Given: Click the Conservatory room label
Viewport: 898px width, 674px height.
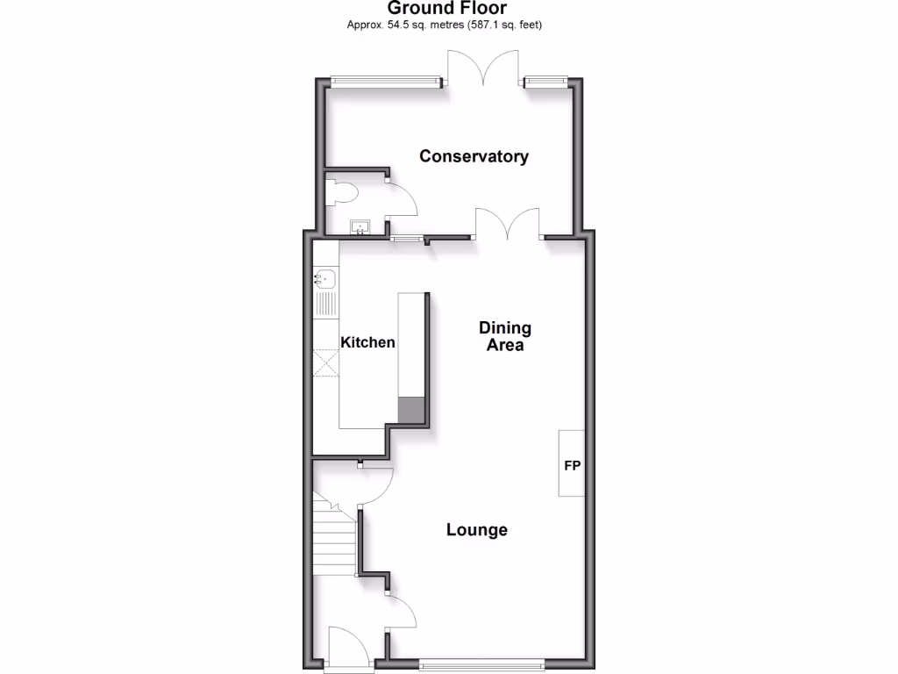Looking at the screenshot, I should [x=474, y=156].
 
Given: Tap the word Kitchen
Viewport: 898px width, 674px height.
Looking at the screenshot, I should [x=367, y=342].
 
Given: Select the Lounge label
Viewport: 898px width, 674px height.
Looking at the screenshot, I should [x=477, y=530].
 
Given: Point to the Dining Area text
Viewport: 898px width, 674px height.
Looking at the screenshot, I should [x=505, y=336].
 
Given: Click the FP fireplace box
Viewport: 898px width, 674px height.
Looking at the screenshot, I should [x=573, y=463].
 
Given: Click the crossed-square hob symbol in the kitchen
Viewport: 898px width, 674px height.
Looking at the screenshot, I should [x=325, y=362].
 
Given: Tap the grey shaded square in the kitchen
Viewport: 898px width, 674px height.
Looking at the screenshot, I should [x=410, y=410].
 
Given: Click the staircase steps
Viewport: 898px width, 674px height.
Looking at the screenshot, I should [x=333, y=540].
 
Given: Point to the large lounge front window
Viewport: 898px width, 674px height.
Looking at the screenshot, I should [x=481, y=663].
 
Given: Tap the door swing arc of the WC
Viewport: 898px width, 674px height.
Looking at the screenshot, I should [x=403, y=198].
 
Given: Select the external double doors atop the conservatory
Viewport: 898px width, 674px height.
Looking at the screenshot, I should [x=483, y=68].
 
